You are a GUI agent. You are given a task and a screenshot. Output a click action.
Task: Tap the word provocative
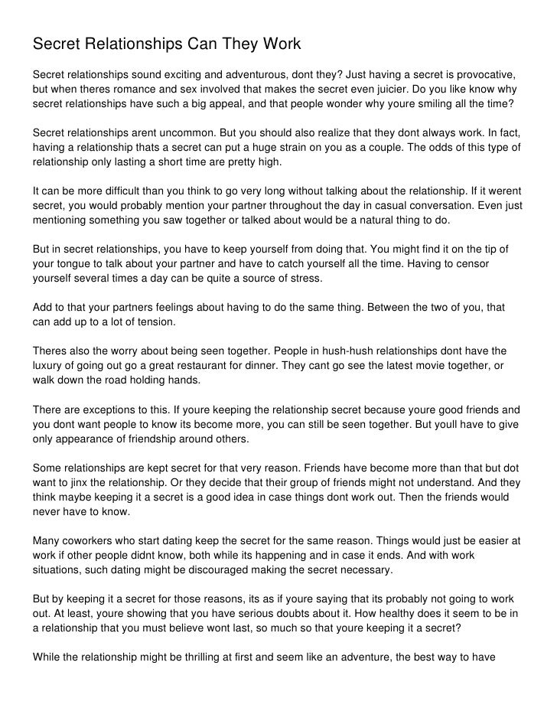coord(483,76)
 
